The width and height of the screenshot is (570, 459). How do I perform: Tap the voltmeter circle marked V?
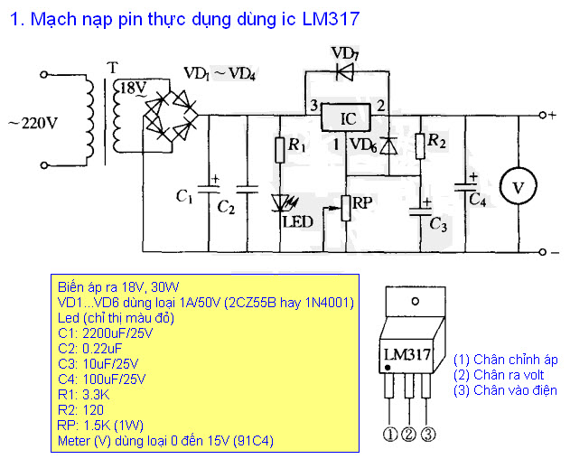(518, 186)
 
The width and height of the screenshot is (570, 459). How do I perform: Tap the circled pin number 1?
(390, 434)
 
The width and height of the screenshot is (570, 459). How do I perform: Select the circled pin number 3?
(428, 434)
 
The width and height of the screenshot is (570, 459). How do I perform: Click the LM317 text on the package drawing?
(406, 354)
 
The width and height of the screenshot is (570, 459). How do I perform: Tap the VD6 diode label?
(362, 144)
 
